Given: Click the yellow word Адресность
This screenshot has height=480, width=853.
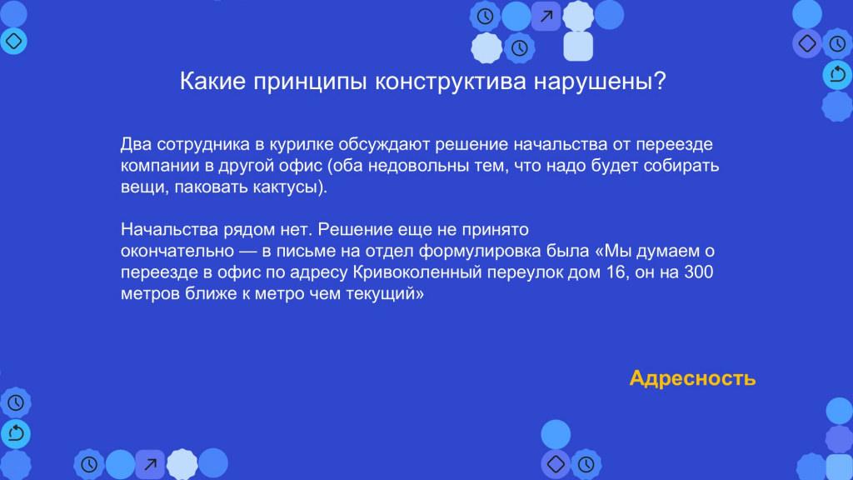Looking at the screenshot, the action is [692, 378].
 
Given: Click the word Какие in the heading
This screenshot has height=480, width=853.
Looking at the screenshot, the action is [212, 81].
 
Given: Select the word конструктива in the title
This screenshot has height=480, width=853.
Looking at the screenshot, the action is [451, 82].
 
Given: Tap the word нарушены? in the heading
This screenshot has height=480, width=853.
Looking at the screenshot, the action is [600, 82].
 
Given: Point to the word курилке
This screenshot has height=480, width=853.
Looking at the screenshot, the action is [301, 144].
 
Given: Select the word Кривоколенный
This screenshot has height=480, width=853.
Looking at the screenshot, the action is [417, 272].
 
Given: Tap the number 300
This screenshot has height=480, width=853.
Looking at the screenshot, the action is [699, 272].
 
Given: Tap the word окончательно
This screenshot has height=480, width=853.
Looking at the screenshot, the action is [177, 251].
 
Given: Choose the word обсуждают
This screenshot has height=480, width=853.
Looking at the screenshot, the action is [384, 144].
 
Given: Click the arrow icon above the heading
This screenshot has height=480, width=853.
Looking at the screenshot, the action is [546, 17].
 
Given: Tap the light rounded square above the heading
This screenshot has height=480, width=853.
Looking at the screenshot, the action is [578, 46].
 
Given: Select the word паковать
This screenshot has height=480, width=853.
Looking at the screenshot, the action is [211, 187].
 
